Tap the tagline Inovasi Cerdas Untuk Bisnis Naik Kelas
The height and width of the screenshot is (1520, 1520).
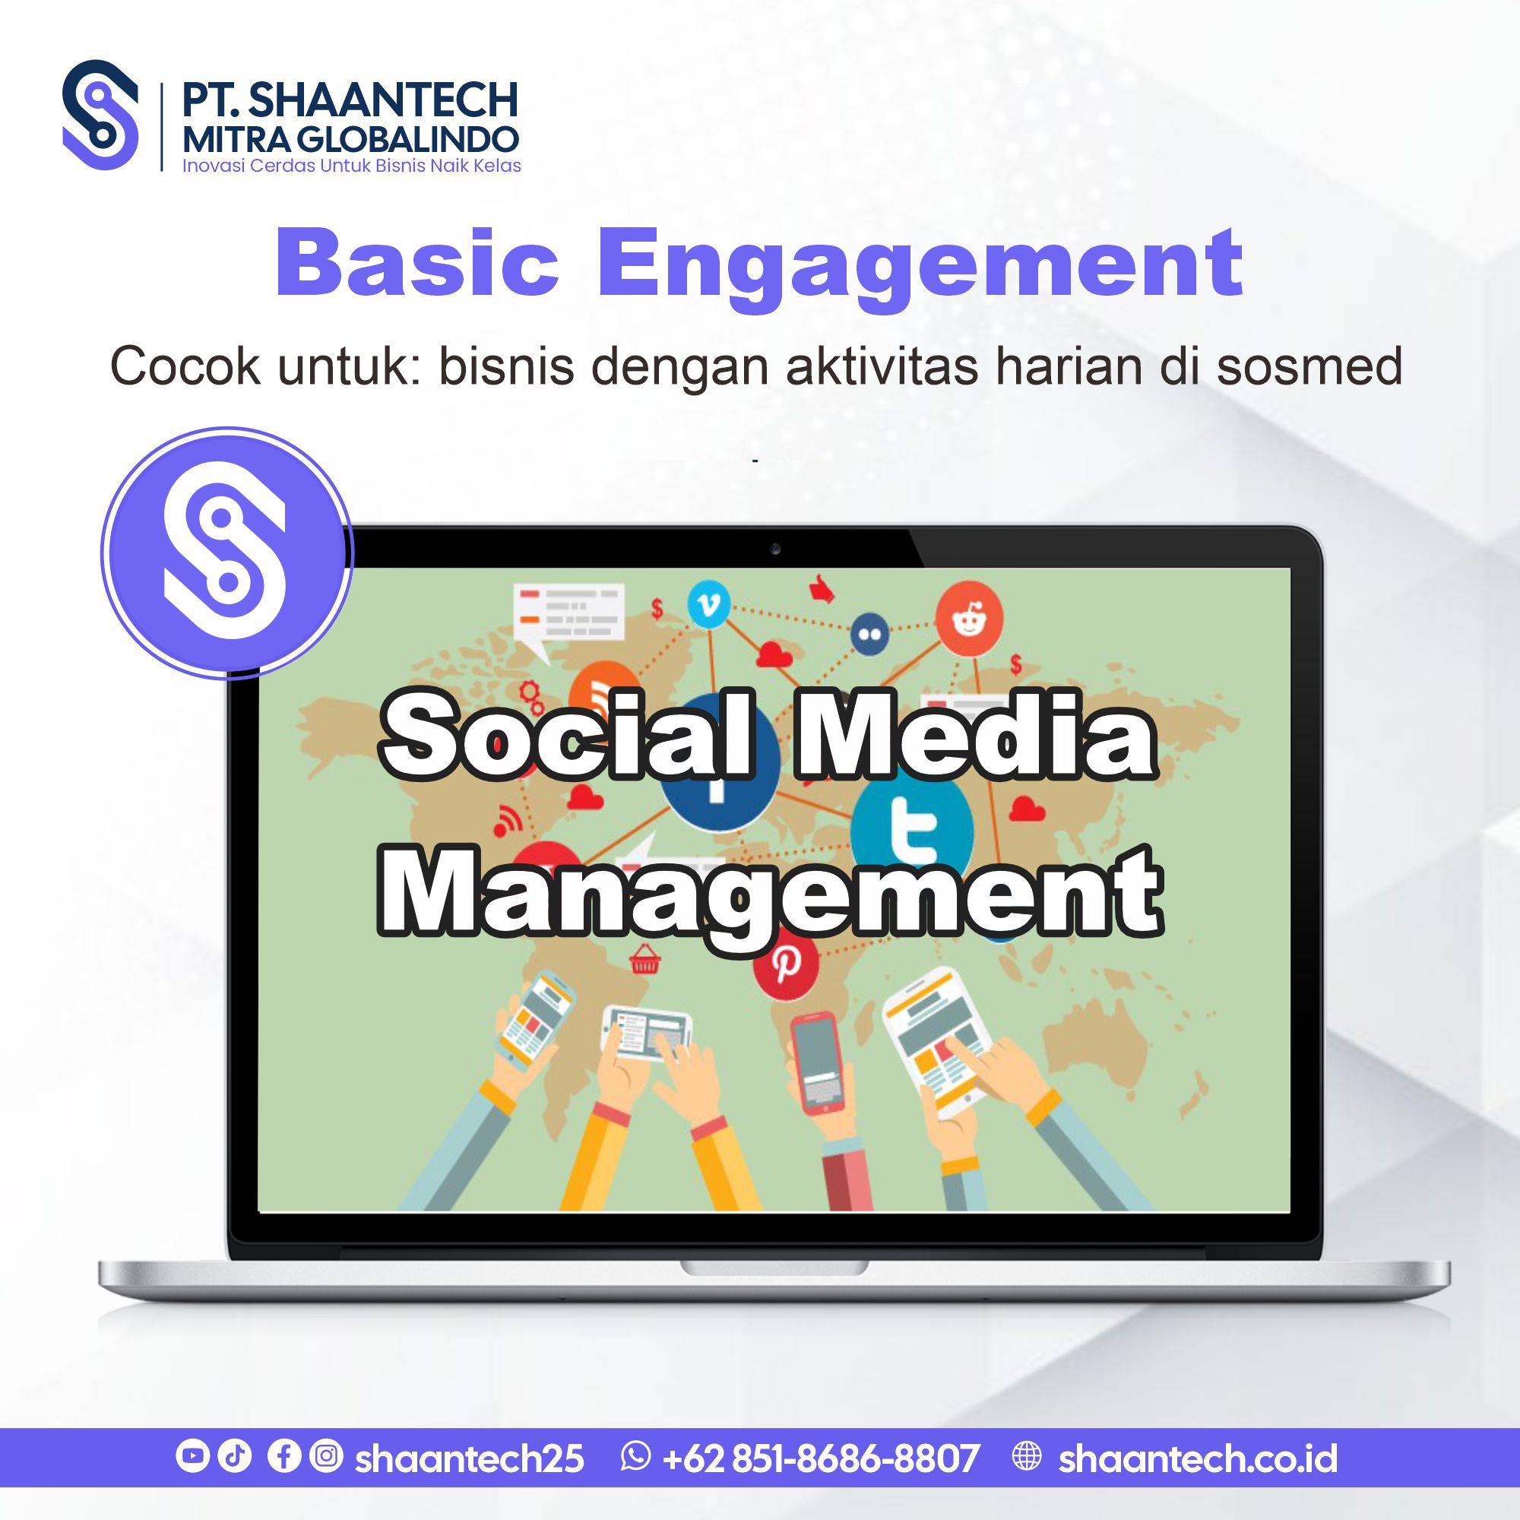[x=352, y=166]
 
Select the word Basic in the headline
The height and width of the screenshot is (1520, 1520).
[x=417, y=262]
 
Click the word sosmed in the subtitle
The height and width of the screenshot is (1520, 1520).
[x=1310, y=366]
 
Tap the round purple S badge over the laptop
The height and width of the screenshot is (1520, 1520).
[x=227, y=553]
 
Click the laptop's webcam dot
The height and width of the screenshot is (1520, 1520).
[x=775, y=549]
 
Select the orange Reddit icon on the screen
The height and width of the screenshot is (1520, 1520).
[x=969, y=619]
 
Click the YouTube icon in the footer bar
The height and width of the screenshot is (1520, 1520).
[x=192, y=1455]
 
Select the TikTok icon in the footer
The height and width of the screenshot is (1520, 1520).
[x=233, y=1455]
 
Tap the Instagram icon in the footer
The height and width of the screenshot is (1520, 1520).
[x=326, y=1455]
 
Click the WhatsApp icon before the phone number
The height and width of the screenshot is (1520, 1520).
[x=635, y=1455]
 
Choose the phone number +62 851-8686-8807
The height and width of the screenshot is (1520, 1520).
[x=821, y=1458]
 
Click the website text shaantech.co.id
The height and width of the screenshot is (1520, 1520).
[x=1198, y=1458]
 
